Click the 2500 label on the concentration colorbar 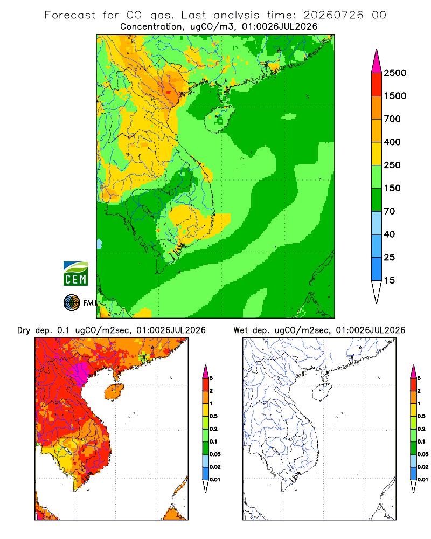coord(395,73)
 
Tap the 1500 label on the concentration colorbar coord(395,96)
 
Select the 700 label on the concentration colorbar coord(392,119)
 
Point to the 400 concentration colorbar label coord(392,142)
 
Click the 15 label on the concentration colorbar coord(390,280)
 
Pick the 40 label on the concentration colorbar coord(390,234)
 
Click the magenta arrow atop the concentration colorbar coord(377,61)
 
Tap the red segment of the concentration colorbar coord(377,85)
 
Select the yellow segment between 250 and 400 coord(377,154)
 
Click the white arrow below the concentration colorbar coord(377,292)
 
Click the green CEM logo coord(75,274)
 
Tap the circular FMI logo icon coord(72,303)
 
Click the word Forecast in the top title coord(70,15)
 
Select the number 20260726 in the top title coord(333,15)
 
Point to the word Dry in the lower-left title coord(24,330)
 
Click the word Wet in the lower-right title coord(240,330)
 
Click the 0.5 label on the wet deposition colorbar coord(421,416)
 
